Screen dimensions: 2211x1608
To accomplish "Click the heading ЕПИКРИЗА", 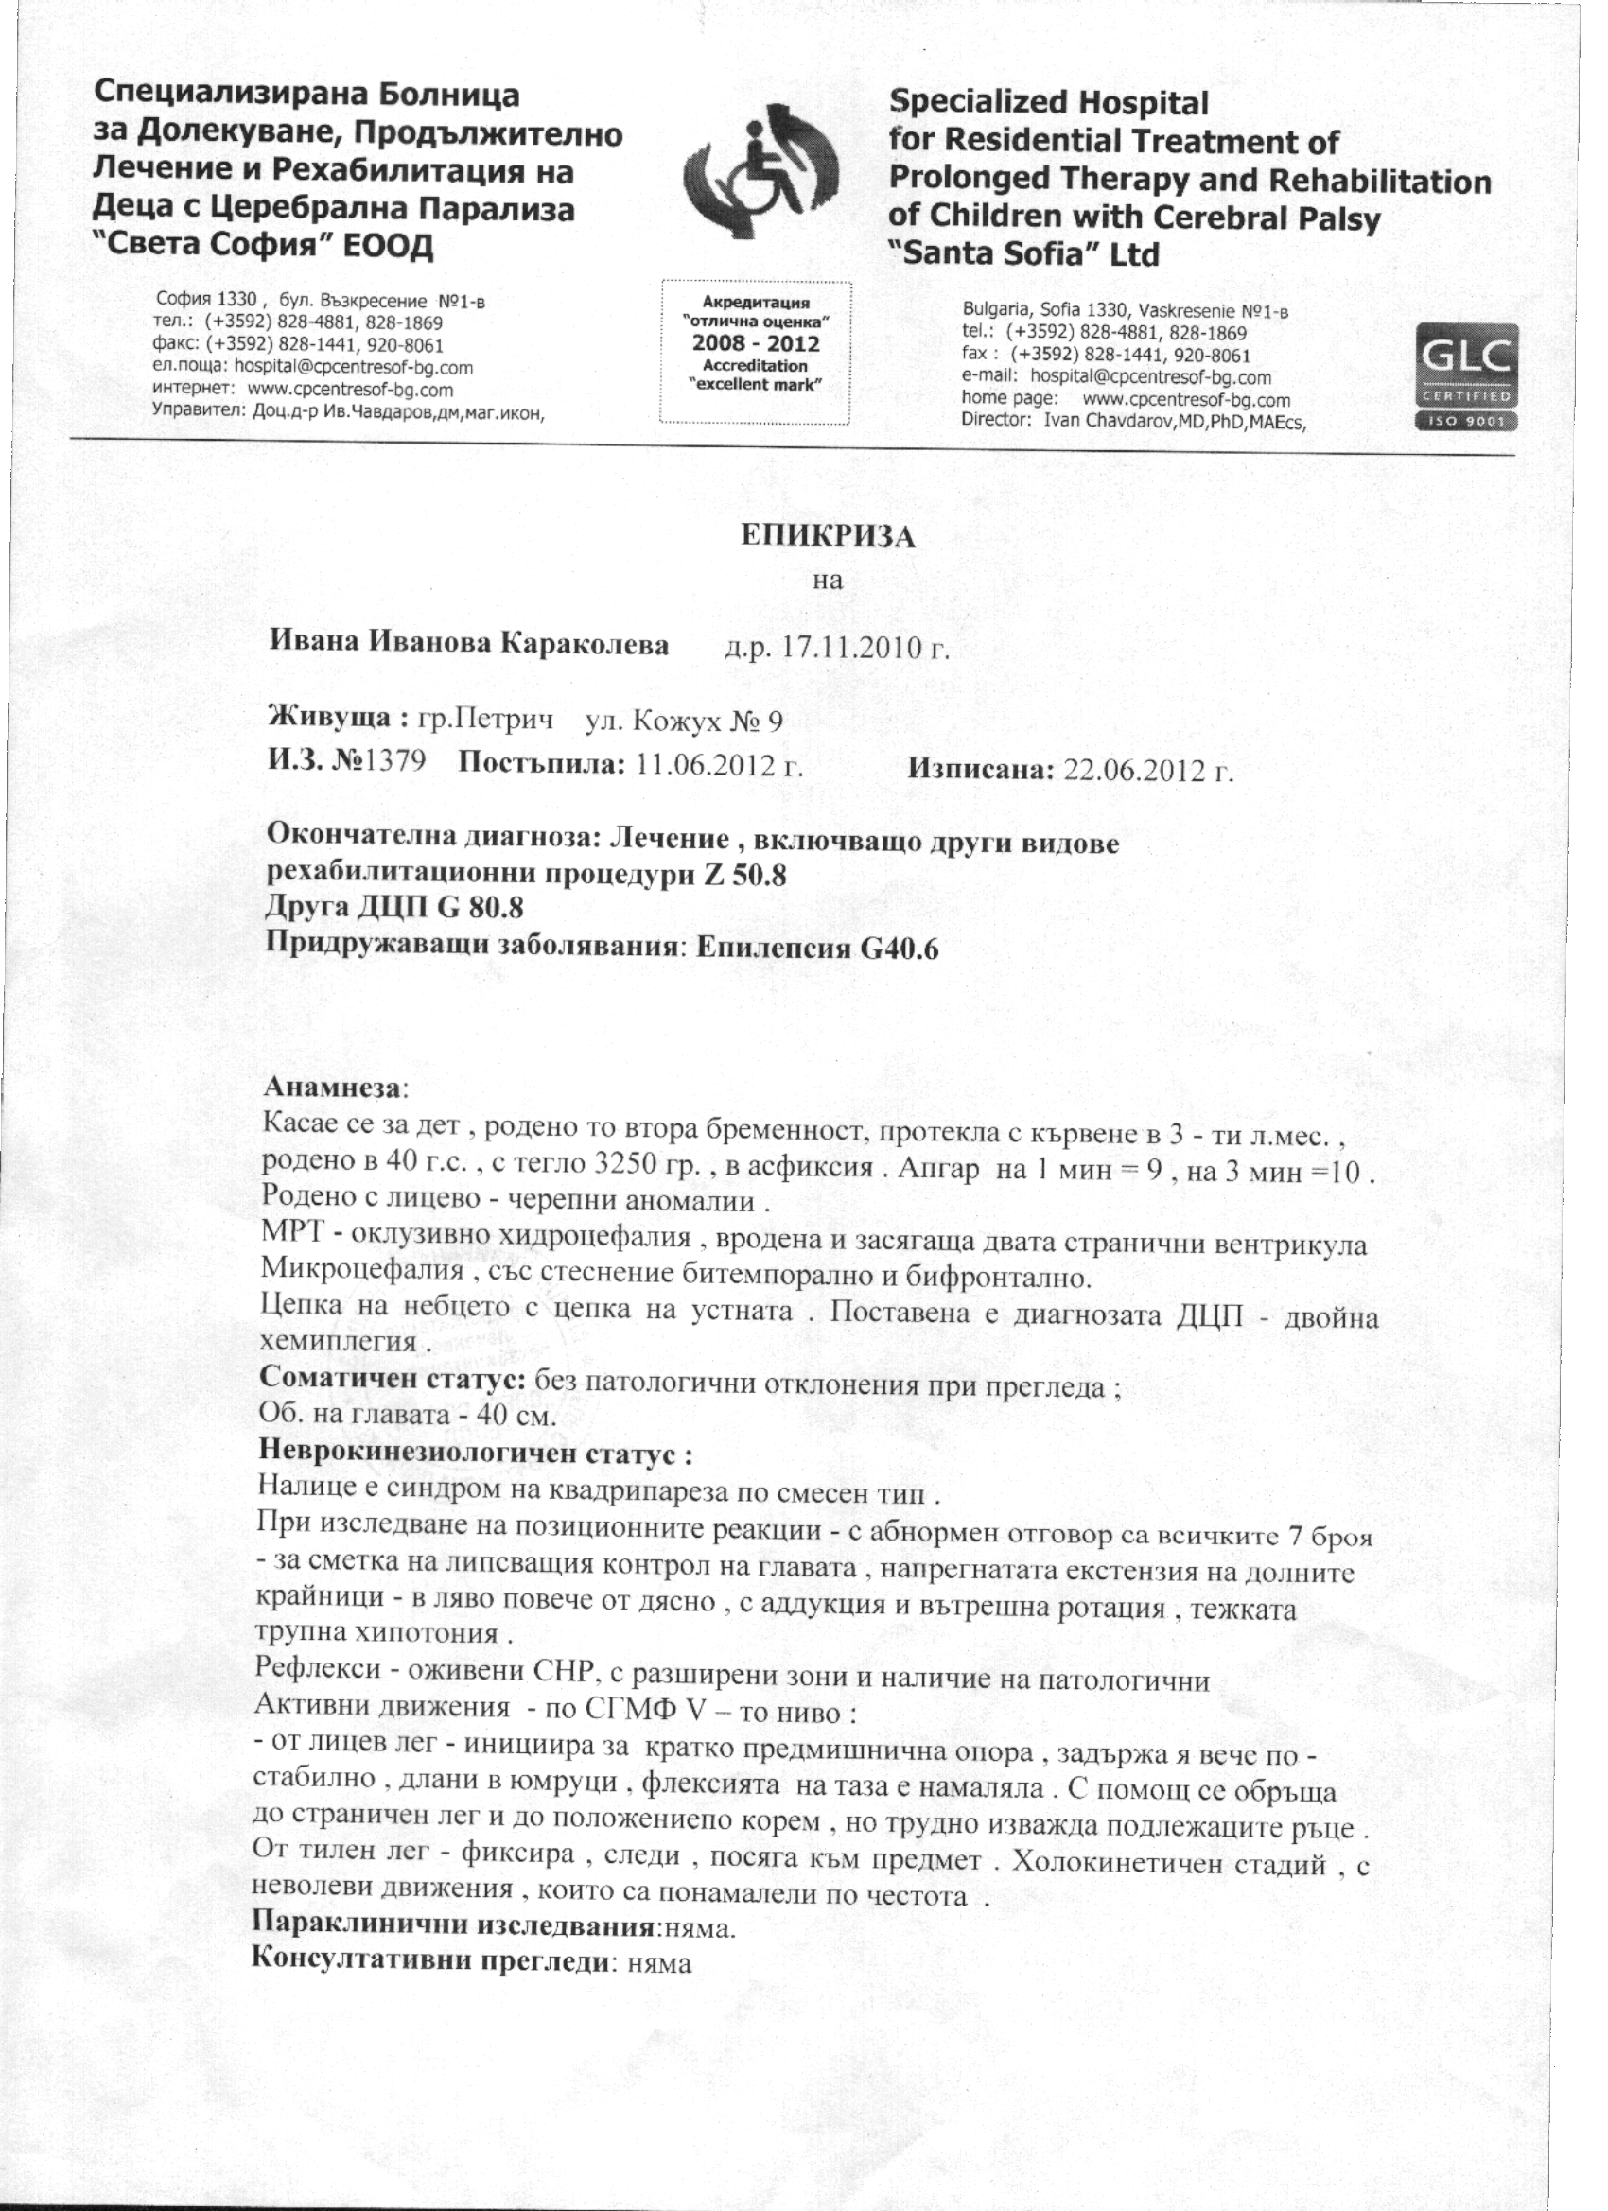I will [x=827, y=536].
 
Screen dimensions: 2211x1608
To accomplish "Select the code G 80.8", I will [x=481, y=909].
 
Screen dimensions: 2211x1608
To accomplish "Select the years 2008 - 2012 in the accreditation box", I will [x=756, y=343].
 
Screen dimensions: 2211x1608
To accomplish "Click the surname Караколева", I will [x=586, y=643].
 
